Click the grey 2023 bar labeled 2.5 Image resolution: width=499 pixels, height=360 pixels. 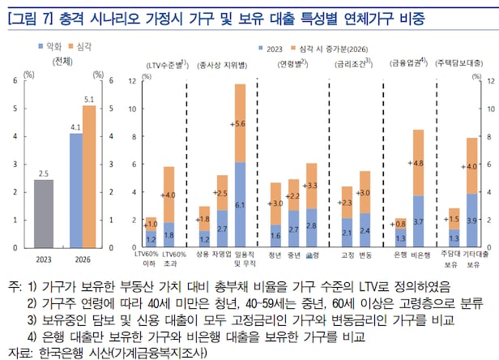43,214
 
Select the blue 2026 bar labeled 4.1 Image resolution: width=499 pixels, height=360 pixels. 75,191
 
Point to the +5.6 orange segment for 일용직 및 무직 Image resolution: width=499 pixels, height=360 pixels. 240,123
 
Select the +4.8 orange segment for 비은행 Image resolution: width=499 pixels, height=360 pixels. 418,162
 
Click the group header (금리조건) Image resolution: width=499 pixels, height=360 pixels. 353,62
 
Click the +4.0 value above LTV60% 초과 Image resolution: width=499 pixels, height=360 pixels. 168,195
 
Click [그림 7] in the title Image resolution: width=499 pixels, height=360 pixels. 29,15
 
